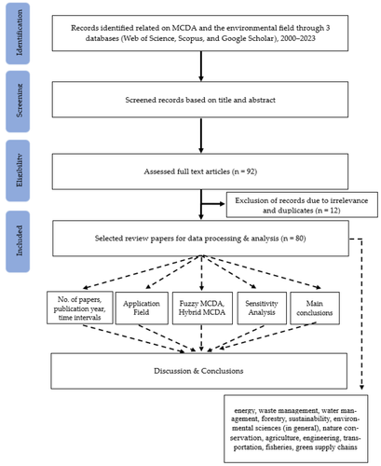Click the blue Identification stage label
pos(18,34)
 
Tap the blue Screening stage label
pos(18,102)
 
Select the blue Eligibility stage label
pos(18,171)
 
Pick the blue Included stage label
pos(18,241)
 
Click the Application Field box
pos(142,308)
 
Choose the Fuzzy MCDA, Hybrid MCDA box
pos(202,308)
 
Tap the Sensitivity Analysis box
pos(262,308)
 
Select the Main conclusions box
pos(315,308)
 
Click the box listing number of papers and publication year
pos(80,308)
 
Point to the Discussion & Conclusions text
pos(198,371)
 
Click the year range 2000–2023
pos(298,38)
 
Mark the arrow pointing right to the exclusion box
pos(213,204)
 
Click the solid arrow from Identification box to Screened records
pos(201,66)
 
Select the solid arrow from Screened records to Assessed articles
pos(201,135)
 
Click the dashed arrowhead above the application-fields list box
pos(361,387)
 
